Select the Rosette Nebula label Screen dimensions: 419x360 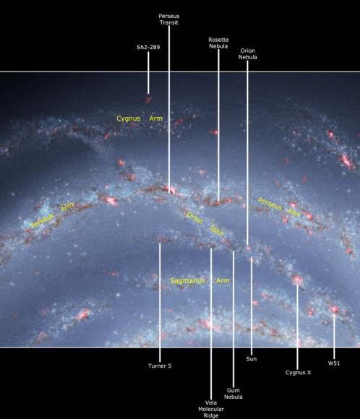pyautogui.click(x=218, y=42)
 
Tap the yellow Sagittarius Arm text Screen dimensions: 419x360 pyautogui.click(x=200, y=280)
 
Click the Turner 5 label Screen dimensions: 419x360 pyautogui.click(x=160, y=366)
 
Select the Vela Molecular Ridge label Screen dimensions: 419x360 pyautogui.click(x=210, y=409)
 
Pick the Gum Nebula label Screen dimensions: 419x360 pyautogui.click(x=233, y=393)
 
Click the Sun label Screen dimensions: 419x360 pyautogui.click(x=252, y=358)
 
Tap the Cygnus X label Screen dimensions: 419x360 pyautogui.click(x=298, y=373)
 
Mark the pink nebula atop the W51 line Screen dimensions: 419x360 pyautogui.click(x=334, y=309)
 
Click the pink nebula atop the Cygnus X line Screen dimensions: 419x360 pyautogui.click(x=297, y=279)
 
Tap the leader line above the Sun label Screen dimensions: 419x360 pyautogui.click(x=252, y=303)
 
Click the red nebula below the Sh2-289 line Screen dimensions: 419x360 pyautogui.click(x=148, y=99)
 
